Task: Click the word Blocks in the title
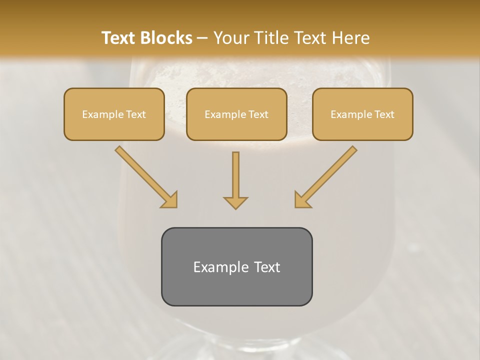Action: click(167, 38)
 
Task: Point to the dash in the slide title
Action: click(203, 38)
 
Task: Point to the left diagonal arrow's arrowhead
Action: click(170, 200)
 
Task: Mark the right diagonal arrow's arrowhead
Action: click(301, 200)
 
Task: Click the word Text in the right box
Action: click(383, 114)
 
